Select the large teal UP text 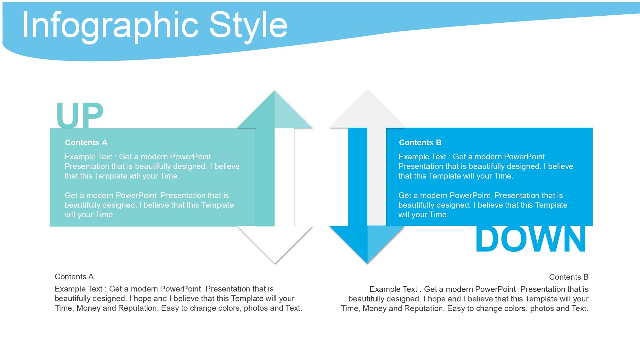click(x=80, y=115)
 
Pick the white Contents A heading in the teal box click(x=86, y=142)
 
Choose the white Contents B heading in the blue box click(x=420, y=142)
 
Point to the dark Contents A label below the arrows click(x=74, y=276)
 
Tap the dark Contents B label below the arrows click(x=569, y=277)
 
